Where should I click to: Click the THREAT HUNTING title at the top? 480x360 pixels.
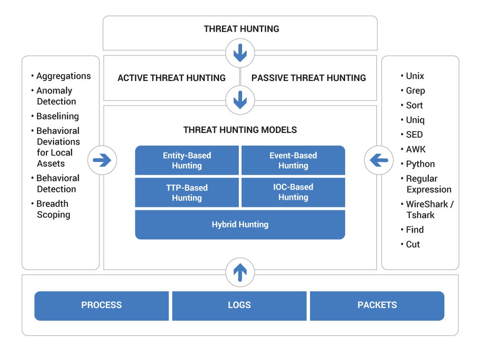[241, 29]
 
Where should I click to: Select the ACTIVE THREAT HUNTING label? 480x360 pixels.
[171, 78]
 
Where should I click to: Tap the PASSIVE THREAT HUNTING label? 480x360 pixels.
[309, 78]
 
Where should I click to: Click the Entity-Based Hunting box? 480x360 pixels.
[187, 161]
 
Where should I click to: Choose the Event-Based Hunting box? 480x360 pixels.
[293, 161]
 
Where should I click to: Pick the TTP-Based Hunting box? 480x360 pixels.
[187, 192]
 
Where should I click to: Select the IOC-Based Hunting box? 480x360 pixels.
[293, 192]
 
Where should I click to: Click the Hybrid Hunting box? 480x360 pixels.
[240, 225]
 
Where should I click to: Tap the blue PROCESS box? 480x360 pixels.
[102, 306]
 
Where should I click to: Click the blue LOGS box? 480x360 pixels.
[239, 306]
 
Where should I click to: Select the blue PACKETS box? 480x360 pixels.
[377, 306]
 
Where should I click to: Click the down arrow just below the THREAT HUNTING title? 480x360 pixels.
[240, 53]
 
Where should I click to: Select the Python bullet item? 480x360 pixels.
[420, 164]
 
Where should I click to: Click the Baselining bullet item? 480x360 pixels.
[58, 116]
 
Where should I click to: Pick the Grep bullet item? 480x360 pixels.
[415, 91]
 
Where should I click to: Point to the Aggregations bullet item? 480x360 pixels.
[63, 76]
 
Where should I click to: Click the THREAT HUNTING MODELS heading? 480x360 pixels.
[240, 130]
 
